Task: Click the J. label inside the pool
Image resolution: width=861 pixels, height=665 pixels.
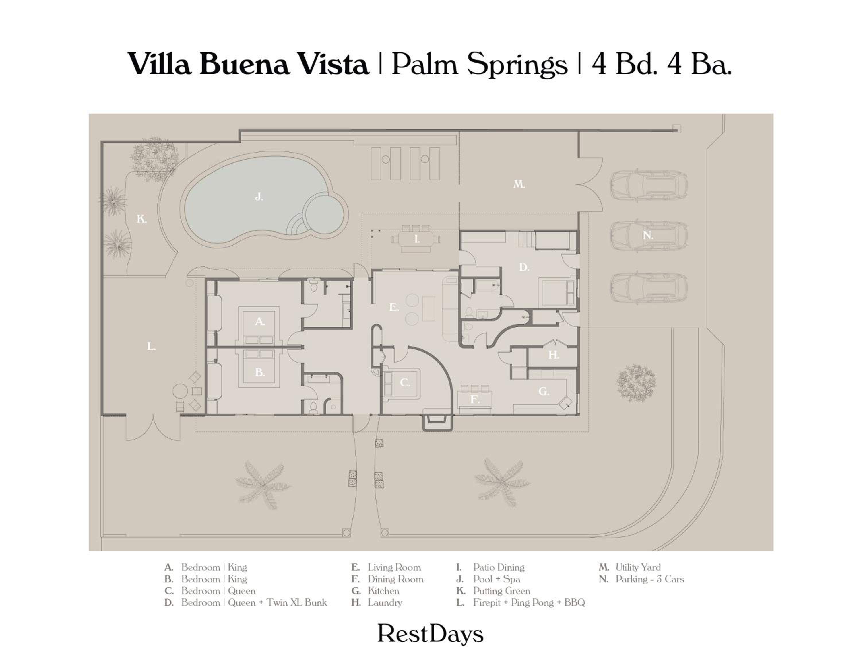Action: (259, 197)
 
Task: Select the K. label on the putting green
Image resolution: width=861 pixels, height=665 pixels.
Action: (141, 219)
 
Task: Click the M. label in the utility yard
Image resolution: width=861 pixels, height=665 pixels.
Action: (519, 184)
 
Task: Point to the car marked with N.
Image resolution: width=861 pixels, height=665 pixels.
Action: (649, 235)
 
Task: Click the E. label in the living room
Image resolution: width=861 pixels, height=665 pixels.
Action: (394, 307)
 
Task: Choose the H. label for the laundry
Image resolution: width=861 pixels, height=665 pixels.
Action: (554, 355)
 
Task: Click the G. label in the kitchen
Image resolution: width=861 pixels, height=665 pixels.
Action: (544, 391)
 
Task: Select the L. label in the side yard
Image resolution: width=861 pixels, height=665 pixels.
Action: (151, 347)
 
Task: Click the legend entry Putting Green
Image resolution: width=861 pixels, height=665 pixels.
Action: (501, 591)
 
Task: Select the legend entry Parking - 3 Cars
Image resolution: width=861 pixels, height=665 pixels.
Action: (650, 579)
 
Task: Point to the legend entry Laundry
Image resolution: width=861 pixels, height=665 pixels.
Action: (385, 603)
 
